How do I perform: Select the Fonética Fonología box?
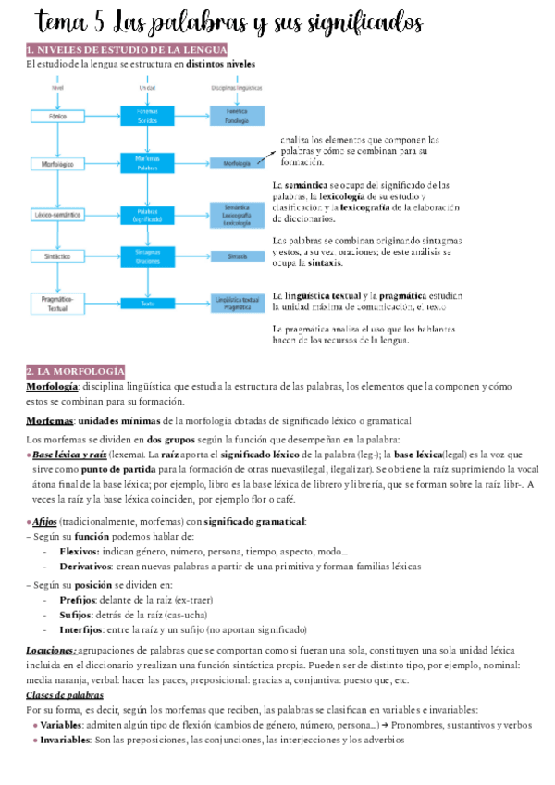237,115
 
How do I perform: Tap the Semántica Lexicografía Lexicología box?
237,215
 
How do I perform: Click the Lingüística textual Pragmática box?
237,302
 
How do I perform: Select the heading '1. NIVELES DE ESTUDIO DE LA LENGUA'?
127,49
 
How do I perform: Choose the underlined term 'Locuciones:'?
52,651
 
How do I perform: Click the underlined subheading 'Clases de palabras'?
65,694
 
